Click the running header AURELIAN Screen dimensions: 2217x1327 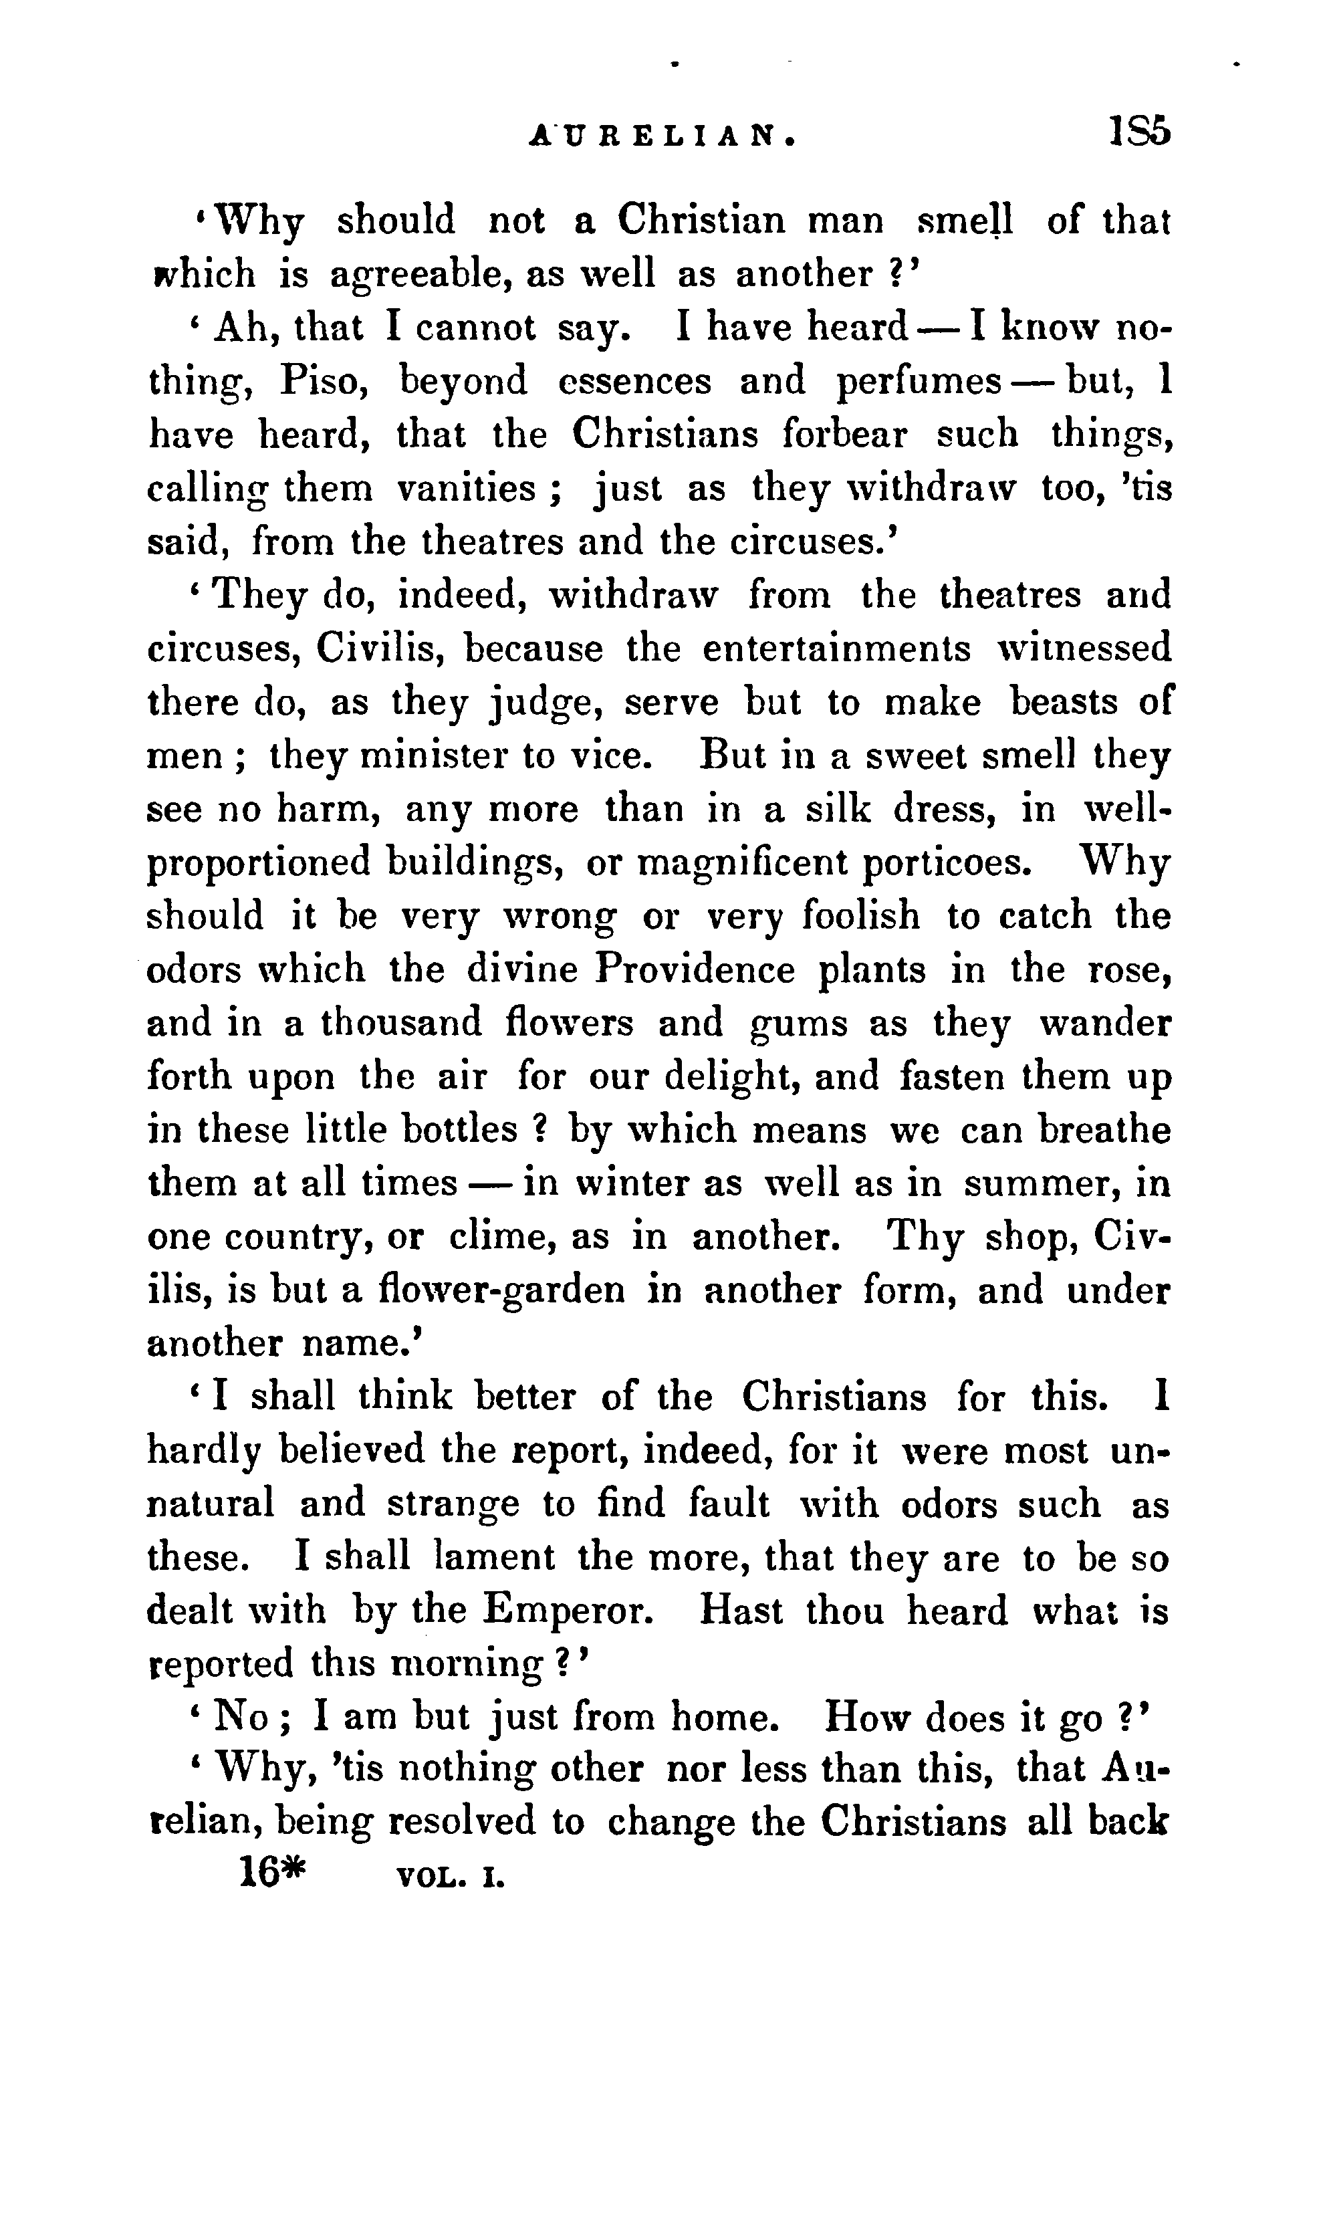(x=663, y=135)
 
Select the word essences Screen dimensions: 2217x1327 (x=634, y=382)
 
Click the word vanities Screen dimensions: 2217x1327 (x=465, y=489)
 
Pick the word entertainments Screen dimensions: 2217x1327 (x=836, y=649)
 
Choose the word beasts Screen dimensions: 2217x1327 (x=1064, y=702)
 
